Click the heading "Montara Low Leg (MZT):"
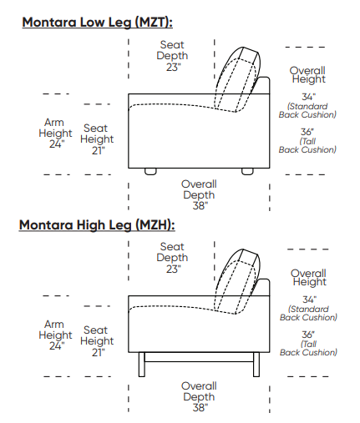(x=97, y=23)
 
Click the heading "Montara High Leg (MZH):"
(x=97, y=224)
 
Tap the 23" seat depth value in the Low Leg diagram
(x=174, y=67)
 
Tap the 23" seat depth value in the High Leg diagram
(x=174, y=269)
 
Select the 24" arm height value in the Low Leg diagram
(x=57, y=144)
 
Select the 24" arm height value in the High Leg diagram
(x=57, y=346)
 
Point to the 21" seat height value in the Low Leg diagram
(x=99, y=150)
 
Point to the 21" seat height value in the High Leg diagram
(x=99, y=352)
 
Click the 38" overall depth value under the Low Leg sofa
(x=200, y=206)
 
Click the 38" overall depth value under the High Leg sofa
(x=200, y=408)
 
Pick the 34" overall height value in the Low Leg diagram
(x=308, y=97)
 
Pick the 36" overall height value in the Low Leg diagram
(x=307, y=132)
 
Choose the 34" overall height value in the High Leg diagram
(x=309, y=300)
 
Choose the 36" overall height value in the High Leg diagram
(x=308, y=335)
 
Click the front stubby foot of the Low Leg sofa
(x=150, y=171)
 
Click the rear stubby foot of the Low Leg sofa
(x=247, y=171)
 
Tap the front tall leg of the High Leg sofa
(x=142, y=365)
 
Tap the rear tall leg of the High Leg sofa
(x=256, y=365)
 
